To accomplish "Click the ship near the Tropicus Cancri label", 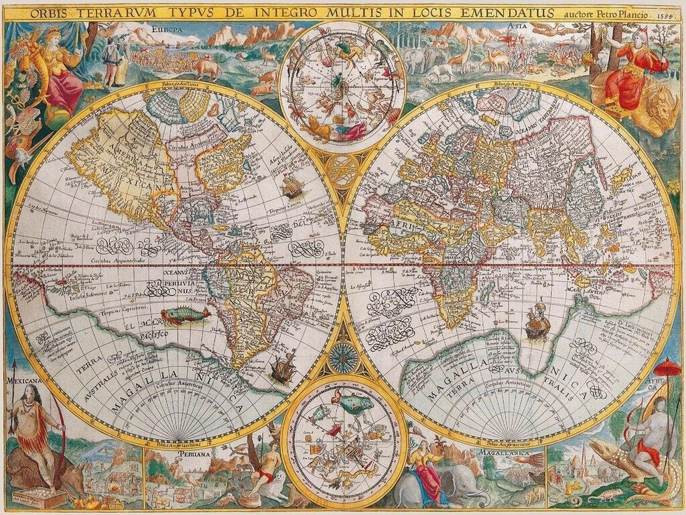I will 292,186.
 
